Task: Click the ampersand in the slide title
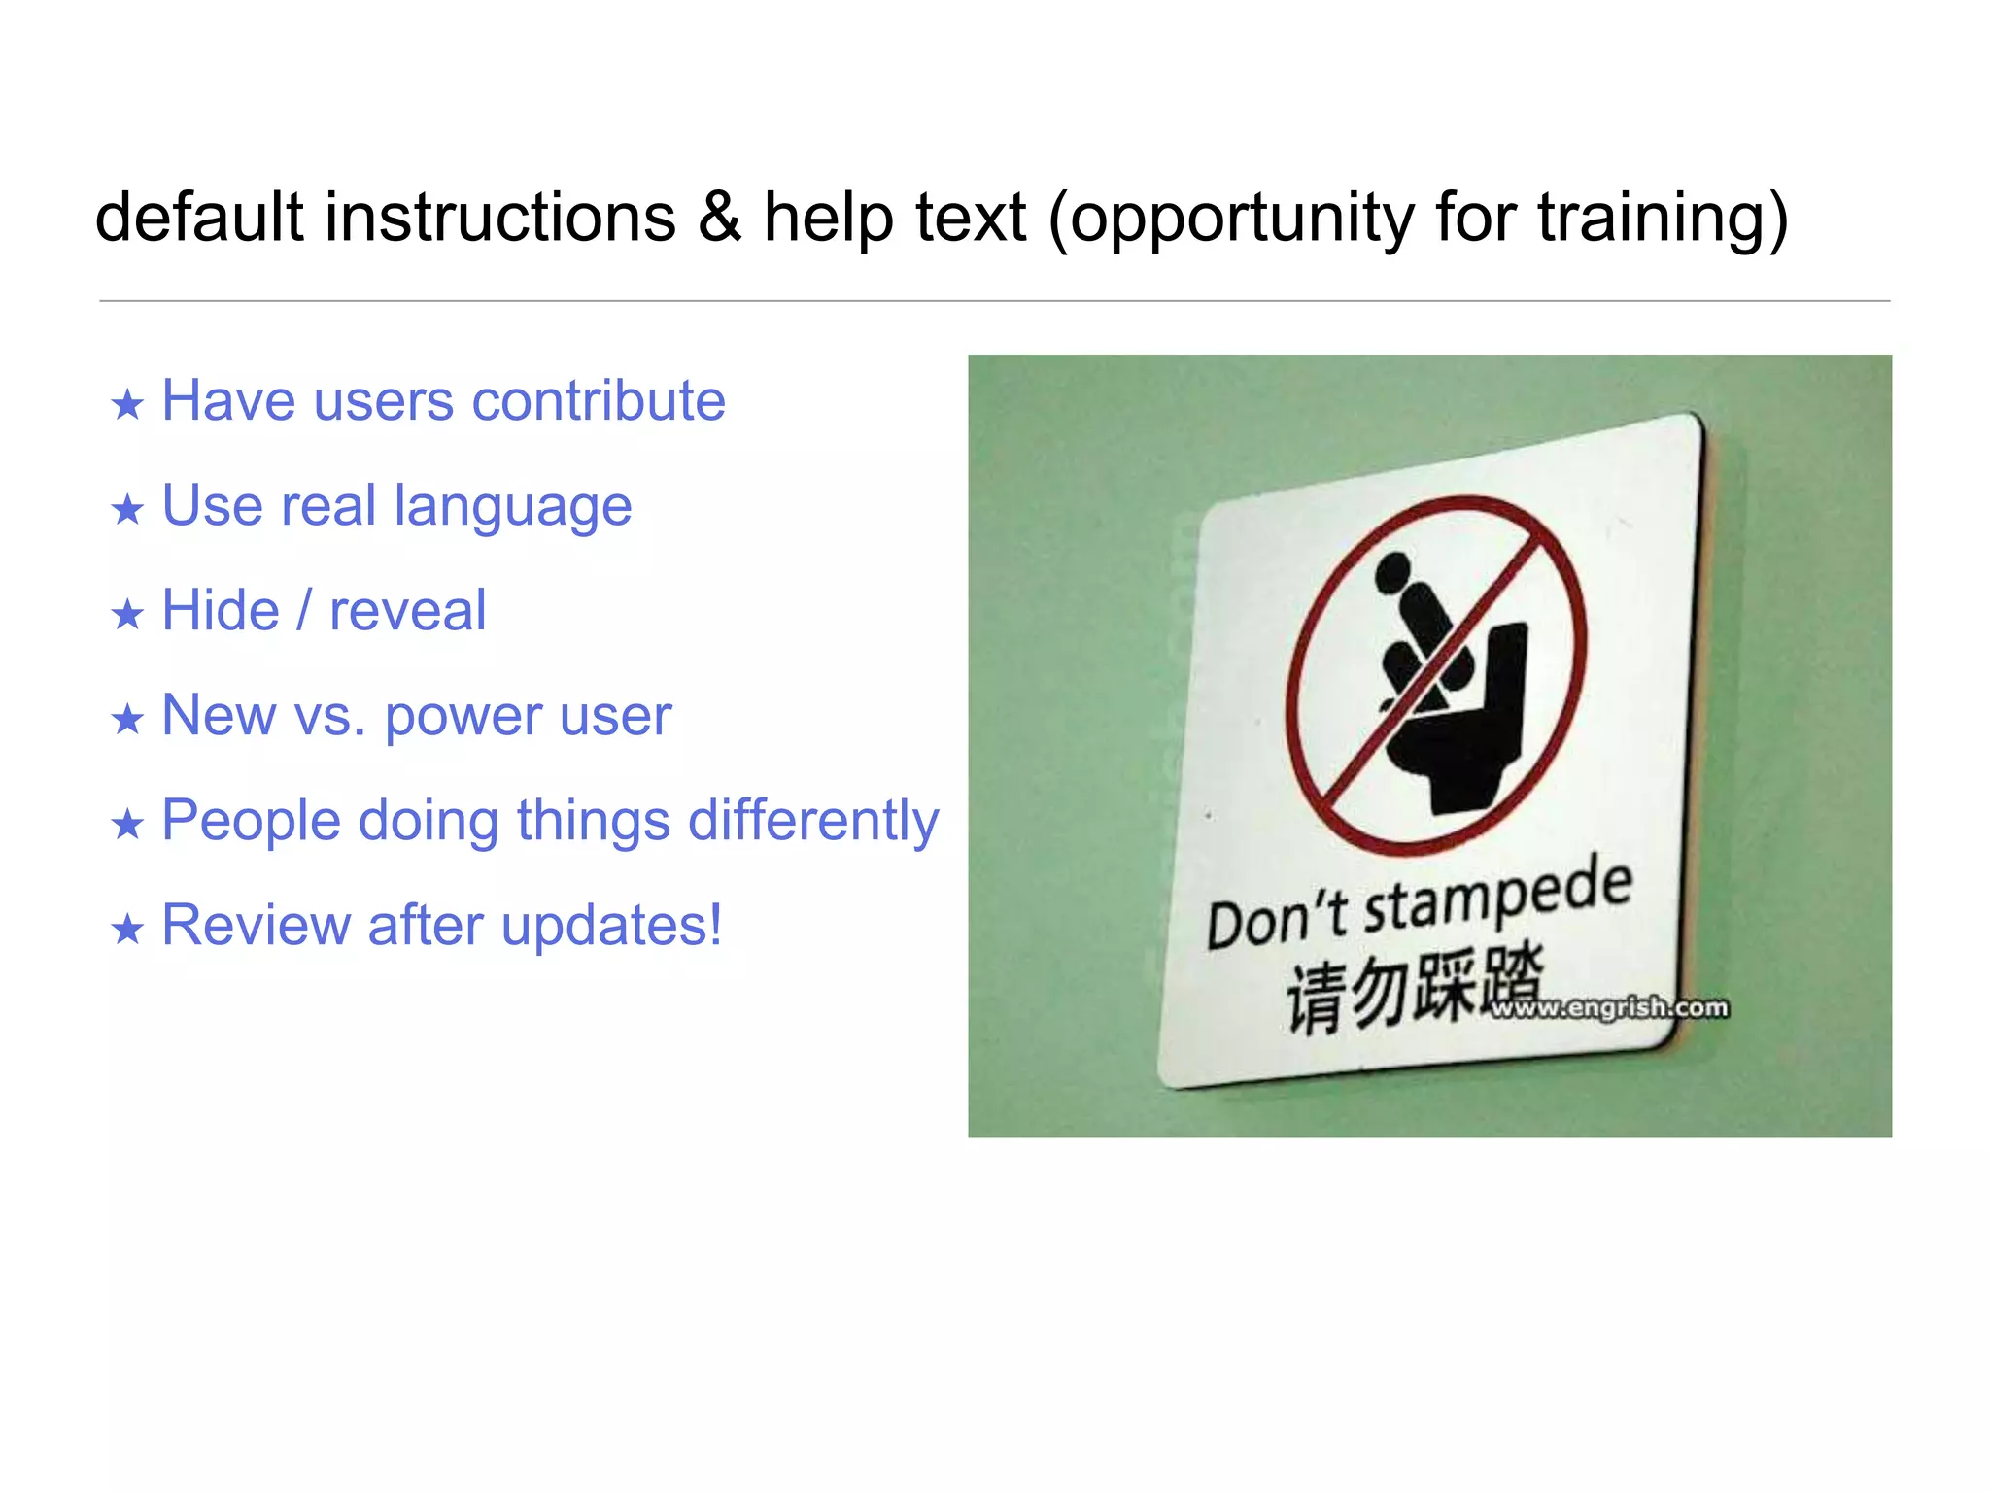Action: click(719, 218)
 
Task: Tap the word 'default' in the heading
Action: click(199, 218)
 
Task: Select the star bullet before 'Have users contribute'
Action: click(127, 404)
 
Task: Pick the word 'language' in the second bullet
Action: click(513, 507)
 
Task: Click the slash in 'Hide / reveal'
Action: click(304, 610)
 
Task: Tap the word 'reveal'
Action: click(407, 612)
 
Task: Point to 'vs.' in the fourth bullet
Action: click(329, 716)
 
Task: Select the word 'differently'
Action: click(813, 821)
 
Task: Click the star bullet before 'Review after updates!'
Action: click(127, 930)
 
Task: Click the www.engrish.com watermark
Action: click(1609, 1008)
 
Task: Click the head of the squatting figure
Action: click(1392, 571)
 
